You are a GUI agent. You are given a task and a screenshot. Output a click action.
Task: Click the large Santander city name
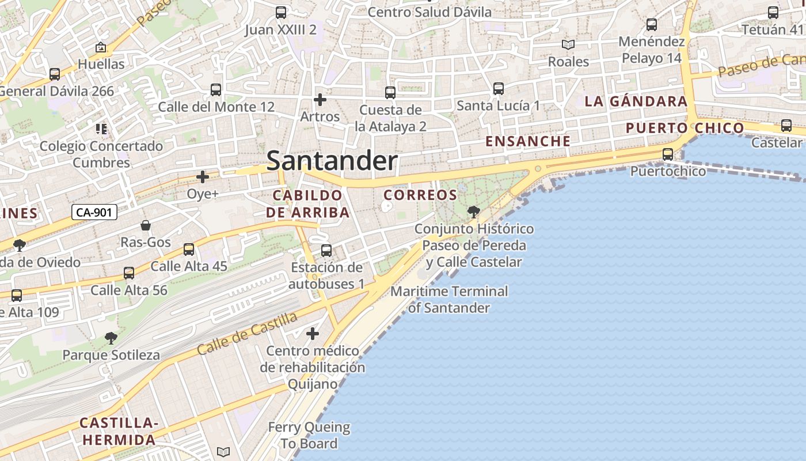332,161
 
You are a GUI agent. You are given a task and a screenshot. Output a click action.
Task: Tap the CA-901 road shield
94,212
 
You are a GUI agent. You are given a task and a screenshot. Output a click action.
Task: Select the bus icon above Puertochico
668,154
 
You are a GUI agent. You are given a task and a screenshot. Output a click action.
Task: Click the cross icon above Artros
320,100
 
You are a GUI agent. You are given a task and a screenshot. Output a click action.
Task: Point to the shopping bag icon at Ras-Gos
146,225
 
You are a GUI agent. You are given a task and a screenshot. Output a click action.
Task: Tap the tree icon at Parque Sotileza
111,338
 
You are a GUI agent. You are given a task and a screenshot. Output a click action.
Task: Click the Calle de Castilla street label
247,334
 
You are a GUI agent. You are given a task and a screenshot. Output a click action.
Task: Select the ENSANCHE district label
528,141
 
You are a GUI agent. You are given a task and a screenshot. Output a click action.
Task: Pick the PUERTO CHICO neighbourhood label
685,128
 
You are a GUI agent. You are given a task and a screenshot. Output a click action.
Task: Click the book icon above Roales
568,44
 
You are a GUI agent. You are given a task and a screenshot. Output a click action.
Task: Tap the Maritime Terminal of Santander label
449,299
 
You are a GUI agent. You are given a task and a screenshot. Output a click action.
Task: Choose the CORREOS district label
420,195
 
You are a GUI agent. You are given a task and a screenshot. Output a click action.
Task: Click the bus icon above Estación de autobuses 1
326,250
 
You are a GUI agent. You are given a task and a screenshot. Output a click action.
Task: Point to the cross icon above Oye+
203,177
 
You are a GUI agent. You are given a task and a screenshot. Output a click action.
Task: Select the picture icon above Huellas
101,47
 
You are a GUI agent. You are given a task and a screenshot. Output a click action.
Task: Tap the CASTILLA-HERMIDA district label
119,431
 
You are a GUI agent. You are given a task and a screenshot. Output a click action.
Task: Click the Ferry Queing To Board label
309,435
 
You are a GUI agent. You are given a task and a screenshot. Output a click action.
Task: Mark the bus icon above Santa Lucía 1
499,88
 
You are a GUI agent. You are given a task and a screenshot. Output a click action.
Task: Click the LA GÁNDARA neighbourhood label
636,101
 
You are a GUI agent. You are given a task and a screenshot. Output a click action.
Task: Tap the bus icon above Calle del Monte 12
216,89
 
